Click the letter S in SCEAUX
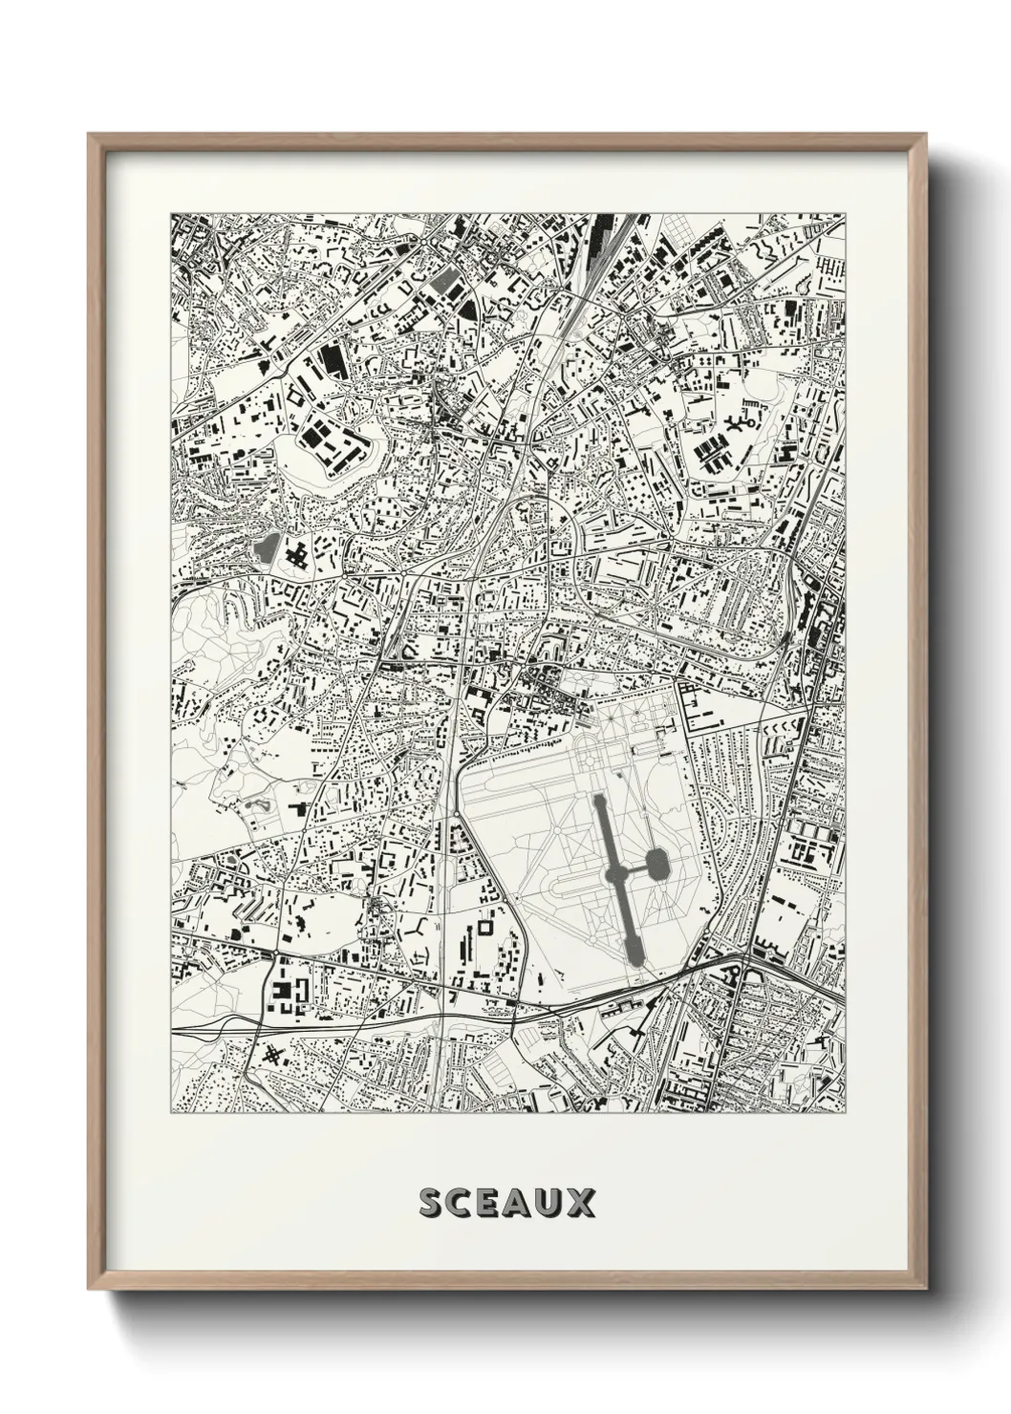tap(432, 1203)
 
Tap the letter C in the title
tap(464, 1203)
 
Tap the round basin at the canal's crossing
tap(613, 874)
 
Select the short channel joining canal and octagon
tap(634, 869)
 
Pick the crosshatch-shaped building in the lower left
tap(274, 1055)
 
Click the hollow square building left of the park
tap(485, 926)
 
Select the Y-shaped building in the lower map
tap(419, 927)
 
